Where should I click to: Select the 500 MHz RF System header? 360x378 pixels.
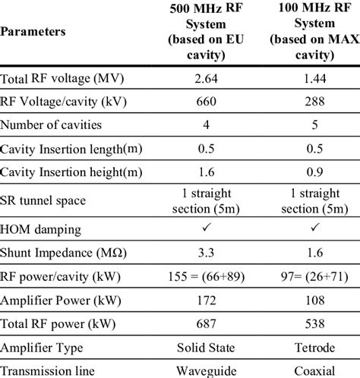(202, 33)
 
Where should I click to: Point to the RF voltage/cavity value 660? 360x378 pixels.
(202, 100)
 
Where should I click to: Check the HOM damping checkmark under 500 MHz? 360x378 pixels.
(202, 228)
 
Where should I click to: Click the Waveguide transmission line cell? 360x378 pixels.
(202, 370)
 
